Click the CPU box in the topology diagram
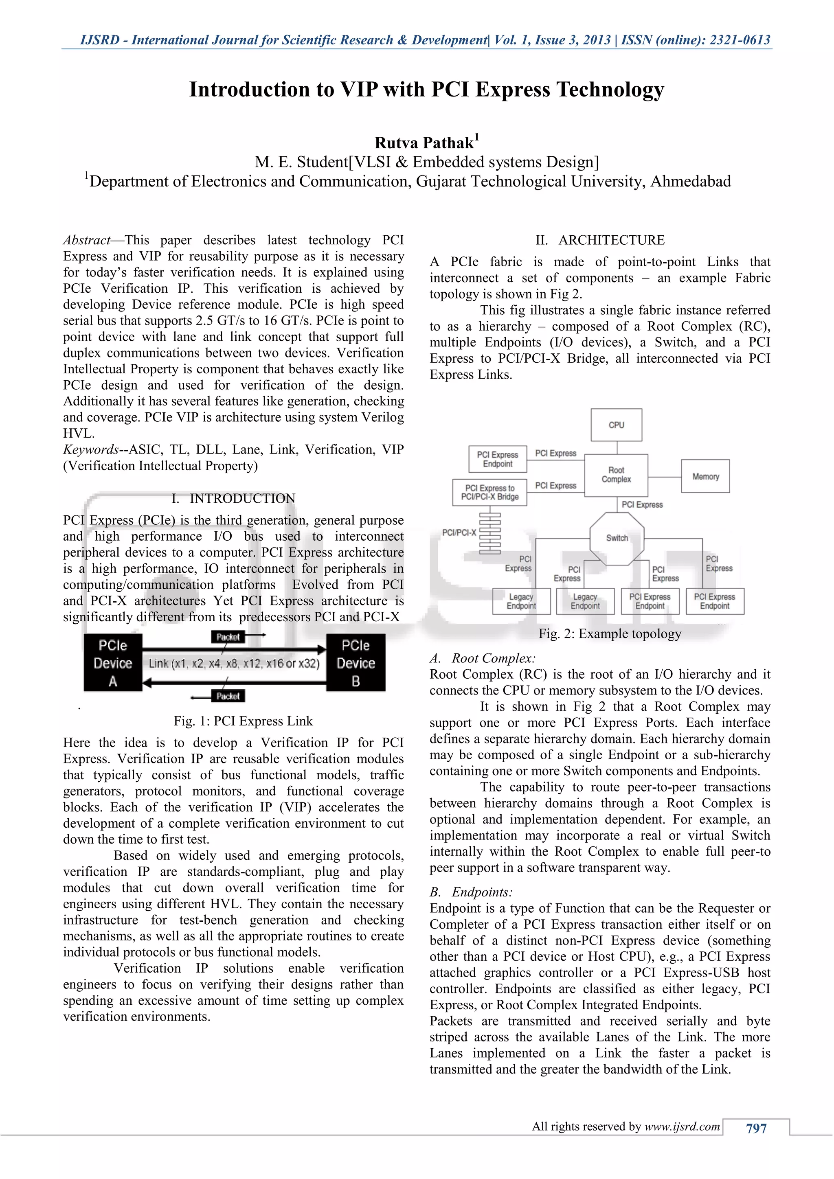point(616,425)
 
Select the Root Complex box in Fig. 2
point(616,475)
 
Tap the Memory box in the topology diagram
point(705,477)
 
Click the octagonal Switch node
point(617,538)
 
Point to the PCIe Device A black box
point(113,663)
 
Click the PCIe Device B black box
point(356,663)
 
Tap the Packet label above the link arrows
point(228,637)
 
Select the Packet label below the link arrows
point(228,696)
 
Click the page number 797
point(756,1128)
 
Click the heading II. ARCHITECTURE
point(600,240)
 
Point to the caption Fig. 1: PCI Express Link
point(243,721)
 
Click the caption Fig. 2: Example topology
point(610,633)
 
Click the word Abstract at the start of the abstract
point(86,240)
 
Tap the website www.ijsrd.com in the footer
point(682,1126)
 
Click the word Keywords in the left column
point(90,449)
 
